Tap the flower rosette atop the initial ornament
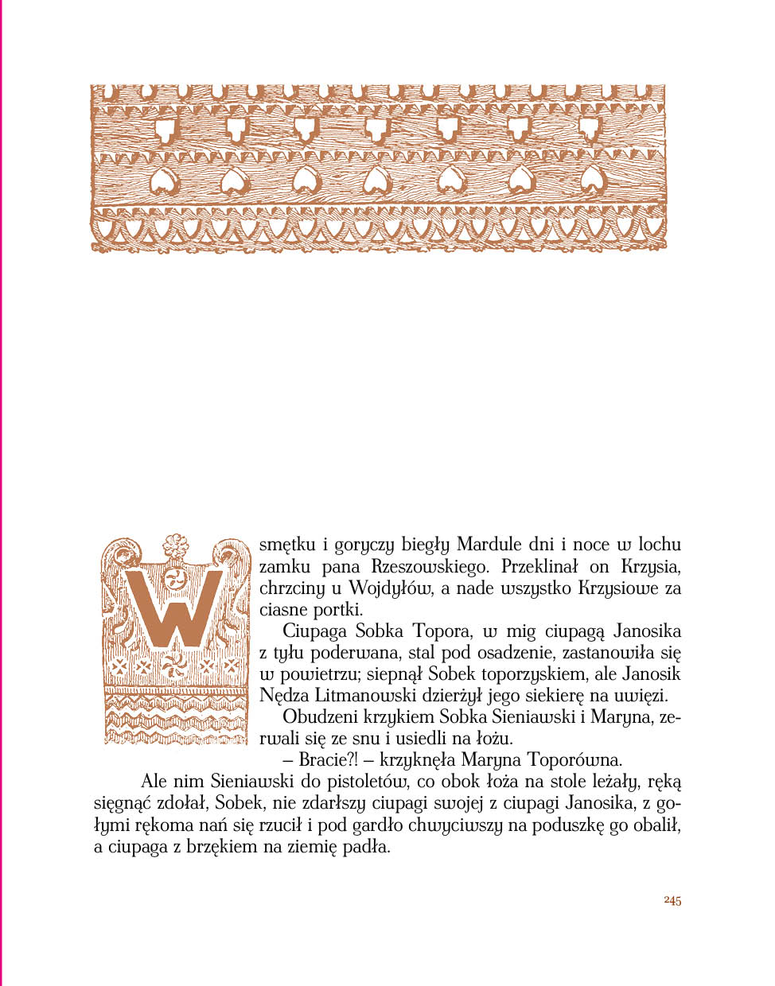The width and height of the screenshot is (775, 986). pos(175,545)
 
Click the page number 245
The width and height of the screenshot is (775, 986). pos(672,900)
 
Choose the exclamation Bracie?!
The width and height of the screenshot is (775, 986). pos(328,760)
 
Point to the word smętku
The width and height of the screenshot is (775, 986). pos(287,545)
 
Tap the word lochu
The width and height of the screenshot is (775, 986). pos(660,545)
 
